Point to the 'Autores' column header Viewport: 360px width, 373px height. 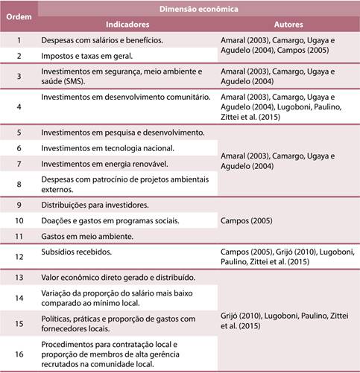287,23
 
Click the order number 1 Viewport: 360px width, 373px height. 19,39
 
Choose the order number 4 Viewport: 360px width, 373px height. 19,106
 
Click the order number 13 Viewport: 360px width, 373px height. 19,277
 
